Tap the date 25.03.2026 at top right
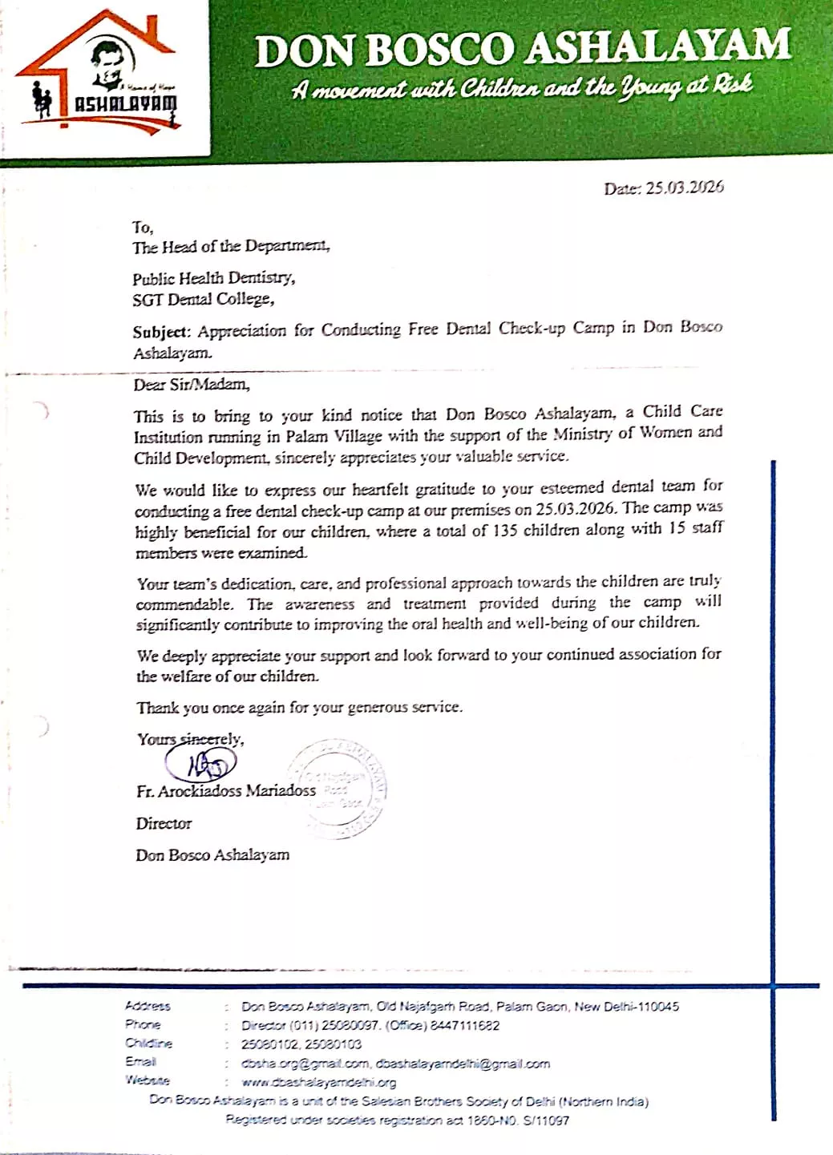point(685,188)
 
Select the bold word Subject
point(161,332)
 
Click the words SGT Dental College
point(203,300)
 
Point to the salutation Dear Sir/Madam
point(192,385)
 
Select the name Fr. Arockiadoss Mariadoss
point(226,791)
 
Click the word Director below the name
point(164,824)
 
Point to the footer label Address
point(148,1006)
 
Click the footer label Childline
point(148,1044)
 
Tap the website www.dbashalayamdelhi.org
point(319,1082)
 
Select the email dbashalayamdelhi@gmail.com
point(463,1064)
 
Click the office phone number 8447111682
point(465,1025)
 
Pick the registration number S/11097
point(546,1121)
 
